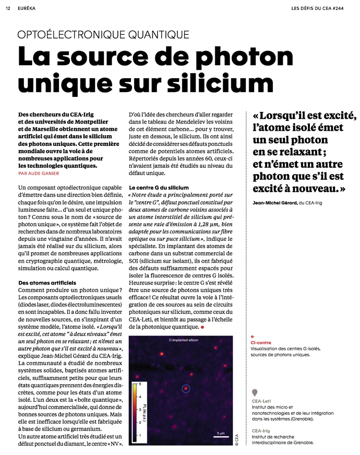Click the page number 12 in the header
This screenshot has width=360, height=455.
click(x=8, y=8)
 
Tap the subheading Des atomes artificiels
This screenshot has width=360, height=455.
click(x=47, y=283)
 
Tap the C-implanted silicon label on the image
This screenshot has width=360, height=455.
click(x=184, y=340)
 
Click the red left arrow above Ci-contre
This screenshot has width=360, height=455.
click(x=253, y=337)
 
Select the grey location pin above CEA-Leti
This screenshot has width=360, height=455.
click(x=255, y=392)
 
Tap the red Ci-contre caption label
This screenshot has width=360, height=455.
click(x=261, y=343)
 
